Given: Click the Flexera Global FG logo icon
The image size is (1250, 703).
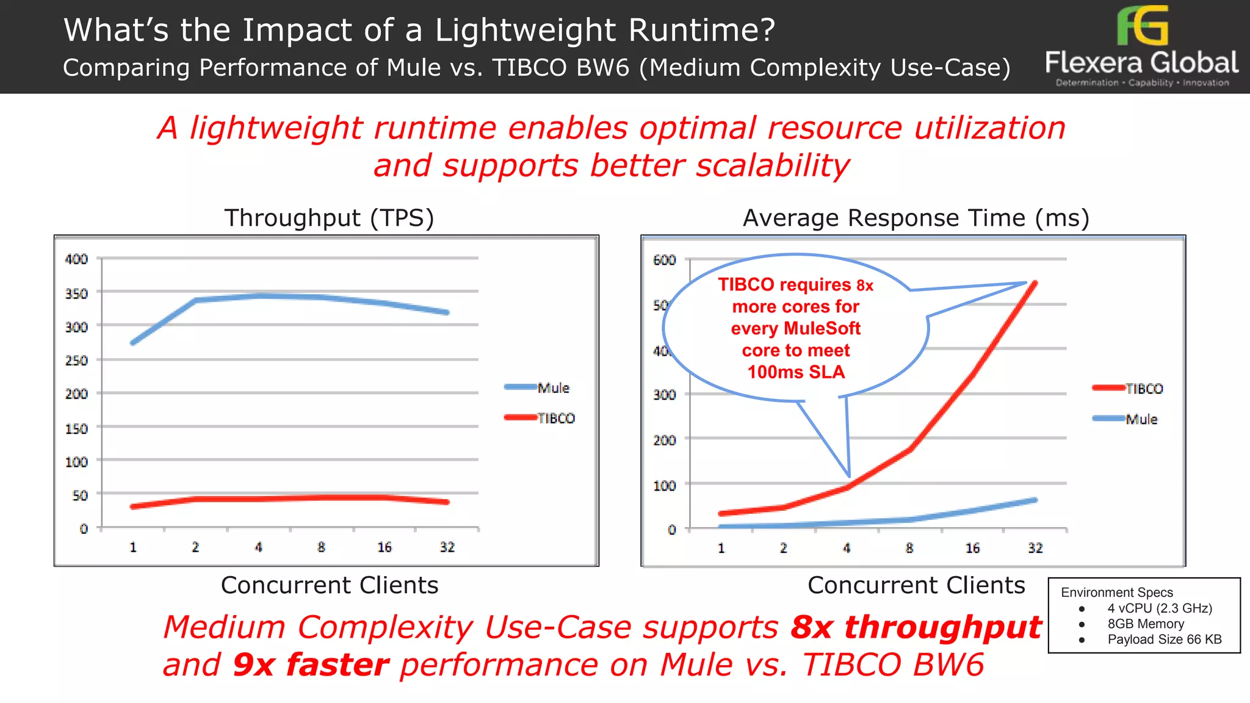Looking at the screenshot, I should pos(1142,26).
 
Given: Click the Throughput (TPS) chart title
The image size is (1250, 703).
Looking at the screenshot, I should pos(329,218).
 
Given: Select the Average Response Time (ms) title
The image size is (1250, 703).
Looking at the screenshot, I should pos(916,218).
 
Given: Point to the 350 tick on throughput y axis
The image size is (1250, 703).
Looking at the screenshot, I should pos(76,294).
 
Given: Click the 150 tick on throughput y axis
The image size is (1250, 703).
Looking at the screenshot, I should pos(76,428).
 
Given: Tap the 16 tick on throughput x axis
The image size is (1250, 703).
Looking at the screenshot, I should pos(384,547).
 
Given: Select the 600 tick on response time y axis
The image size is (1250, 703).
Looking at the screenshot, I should pos(664,261).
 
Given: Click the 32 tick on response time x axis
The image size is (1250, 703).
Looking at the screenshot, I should pos(1035,548).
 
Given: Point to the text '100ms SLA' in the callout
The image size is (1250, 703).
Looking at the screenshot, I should pos(796,372).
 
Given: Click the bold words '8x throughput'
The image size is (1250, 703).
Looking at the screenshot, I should pos(916,627).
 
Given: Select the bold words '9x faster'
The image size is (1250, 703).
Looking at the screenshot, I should pos(311,665).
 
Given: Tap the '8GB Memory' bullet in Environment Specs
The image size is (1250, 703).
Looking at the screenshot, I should pos(1146,624).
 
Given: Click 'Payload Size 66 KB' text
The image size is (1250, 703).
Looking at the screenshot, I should pos(1165,640).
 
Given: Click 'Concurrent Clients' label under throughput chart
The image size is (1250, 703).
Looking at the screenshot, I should pos(329,585).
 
